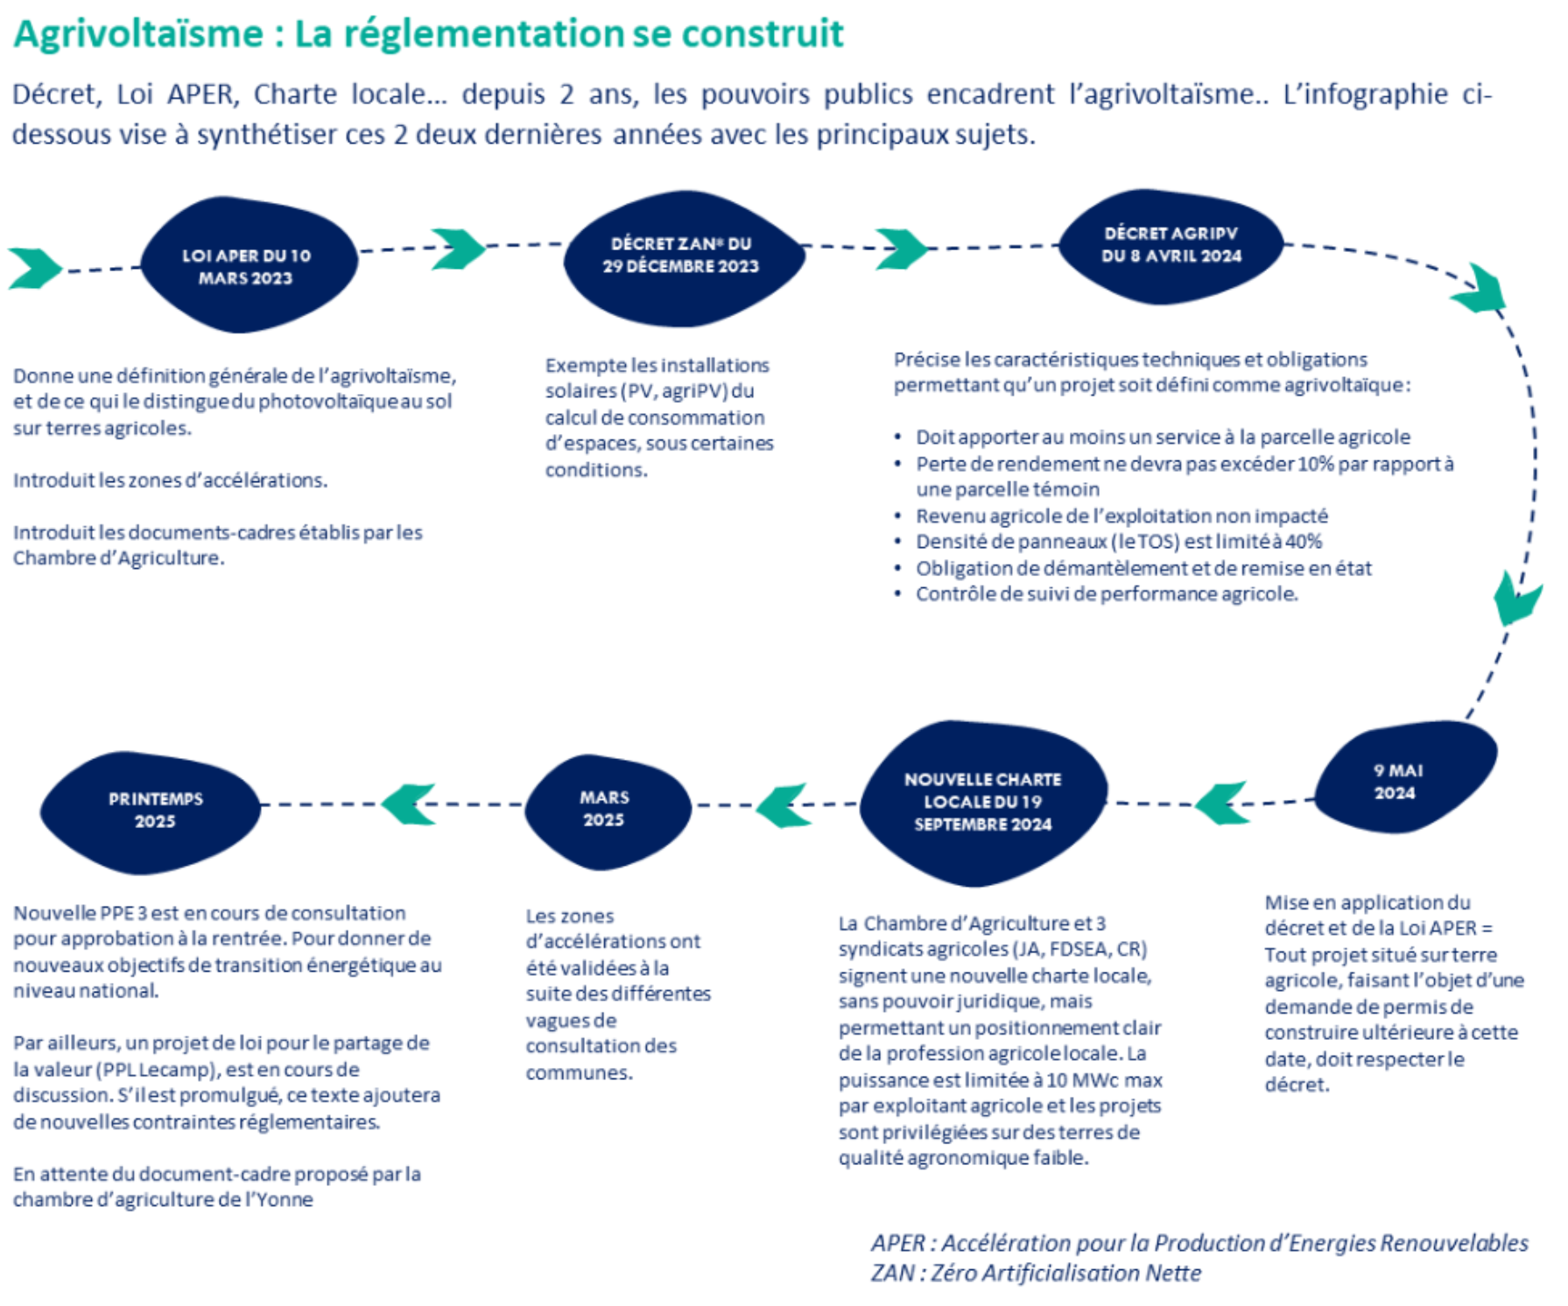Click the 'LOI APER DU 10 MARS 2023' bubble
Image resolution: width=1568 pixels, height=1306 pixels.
(248, 265)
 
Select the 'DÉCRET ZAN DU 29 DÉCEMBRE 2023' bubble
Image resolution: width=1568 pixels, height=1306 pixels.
(681, 256)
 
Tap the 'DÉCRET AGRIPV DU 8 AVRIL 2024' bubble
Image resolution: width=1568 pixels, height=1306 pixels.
(1171, 245)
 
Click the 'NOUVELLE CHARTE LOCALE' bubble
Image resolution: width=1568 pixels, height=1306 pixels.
(982, 802)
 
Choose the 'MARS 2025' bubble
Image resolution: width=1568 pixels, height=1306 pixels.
(605, 809)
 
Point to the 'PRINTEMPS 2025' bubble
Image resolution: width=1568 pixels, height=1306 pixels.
(154, 811)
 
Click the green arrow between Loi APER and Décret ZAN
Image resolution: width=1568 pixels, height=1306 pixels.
(458, 249)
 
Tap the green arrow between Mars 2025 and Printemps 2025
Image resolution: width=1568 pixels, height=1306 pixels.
(410, 804)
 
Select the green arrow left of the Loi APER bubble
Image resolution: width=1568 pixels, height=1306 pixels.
(34, 268)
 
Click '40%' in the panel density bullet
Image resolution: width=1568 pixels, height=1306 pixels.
(1304, 542)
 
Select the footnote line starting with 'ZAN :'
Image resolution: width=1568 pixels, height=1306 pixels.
(1036, 1273)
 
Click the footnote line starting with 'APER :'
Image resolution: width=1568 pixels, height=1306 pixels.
(1199, 1243)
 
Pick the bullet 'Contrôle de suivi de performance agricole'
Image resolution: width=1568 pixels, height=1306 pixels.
(1107, 594)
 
